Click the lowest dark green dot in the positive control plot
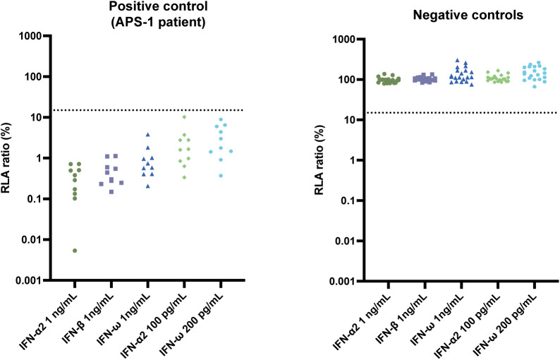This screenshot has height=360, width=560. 75,251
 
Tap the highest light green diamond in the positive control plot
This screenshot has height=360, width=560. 184,117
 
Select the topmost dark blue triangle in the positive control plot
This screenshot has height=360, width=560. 148,135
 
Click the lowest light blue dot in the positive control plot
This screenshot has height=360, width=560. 221,176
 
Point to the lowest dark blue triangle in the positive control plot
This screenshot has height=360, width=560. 148,186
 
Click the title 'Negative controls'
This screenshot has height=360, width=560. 468,15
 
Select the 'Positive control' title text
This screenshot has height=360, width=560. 158,6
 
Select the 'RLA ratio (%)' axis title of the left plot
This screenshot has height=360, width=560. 7,158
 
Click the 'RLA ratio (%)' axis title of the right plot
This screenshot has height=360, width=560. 319,160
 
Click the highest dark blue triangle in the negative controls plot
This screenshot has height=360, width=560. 457,60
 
